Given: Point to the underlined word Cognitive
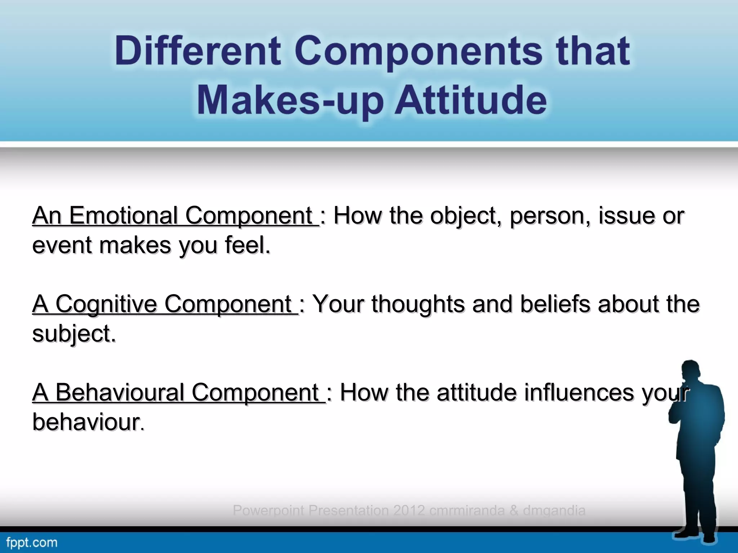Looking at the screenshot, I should pos(106,304).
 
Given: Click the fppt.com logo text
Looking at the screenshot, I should pos(32,543).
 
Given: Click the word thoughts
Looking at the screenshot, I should pos(418,304).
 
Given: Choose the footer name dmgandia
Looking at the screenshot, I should pos(554,511).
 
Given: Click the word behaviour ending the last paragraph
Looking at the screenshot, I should pos(86,422).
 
